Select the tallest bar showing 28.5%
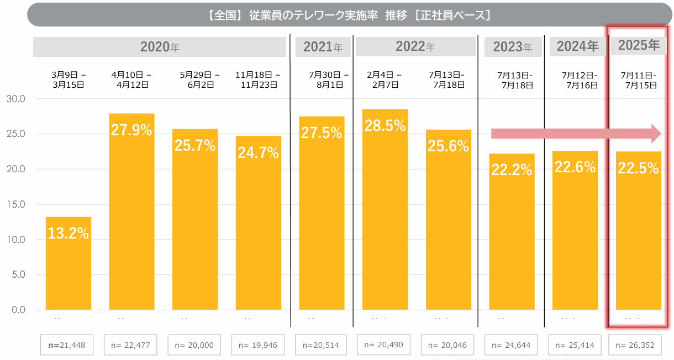385,210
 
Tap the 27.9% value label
131,130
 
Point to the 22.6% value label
575,166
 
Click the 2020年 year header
160,47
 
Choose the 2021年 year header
323,47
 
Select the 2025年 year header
639,45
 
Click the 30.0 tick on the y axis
16,99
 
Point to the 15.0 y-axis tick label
16,204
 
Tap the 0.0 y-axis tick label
18,310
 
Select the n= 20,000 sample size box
194,345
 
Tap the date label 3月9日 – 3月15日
68,80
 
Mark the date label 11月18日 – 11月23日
258,80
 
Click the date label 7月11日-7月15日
639,80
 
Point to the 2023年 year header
512,47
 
